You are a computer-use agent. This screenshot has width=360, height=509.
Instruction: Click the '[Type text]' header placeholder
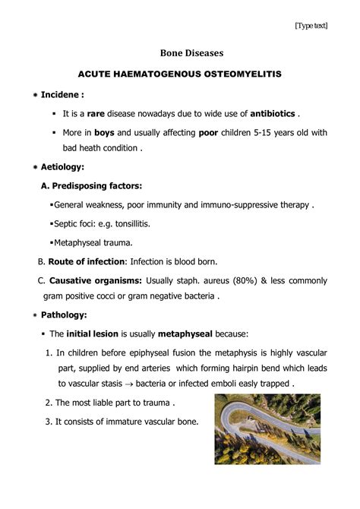click(311, 25)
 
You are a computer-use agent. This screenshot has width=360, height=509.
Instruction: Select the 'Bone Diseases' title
click(180, 54)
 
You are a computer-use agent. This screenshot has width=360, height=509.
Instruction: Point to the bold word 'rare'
click(96, 114)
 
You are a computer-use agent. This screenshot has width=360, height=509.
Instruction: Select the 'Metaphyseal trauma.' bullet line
click(92, 242)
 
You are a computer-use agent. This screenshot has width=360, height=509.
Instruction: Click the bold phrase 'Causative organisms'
click(95, 280)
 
